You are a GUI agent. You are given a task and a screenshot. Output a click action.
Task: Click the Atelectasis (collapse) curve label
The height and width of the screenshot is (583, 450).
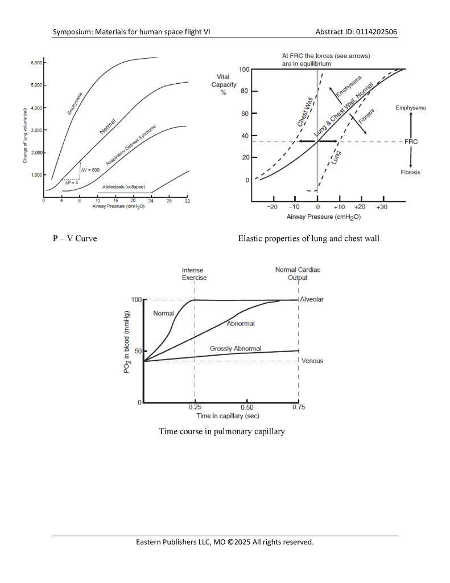tap(123, 187)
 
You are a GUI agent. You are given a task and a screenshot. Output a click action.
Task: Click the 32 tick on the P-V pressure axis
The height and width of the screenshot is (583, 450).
tap(188, 201)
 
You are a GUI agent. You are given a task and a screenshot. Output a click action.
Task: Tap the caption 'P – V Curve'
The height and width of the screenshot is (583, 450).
tap(75, 238)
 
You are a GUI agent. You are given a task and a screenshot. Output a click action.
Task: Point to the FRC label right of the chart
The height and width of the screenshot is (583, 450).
tap(411, 141)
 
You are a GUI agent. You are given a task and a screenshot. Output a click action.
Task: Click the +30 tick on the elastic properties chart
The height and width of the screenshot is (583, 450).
tap(381, 207)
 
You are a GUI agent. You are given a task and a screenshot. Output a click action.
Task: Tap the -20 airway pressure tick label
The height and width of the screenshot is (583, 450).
tap(273, 207)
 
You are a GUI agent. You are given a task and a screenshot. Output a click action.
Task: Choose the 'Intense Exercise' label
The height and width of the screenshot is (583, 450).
tap(194, 274)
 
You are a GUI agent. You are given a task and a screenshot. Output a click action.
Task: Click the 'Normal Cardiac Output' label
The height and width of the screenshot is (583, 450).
tap(298, 274)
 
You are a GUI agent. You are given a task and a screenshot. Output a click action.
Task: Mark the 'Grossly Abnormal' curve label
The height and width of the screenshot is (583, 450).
tap(236, 348)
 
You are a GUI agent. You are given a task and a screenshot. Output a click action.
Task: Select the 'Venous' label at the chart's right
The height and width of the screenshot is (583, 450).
tap(312, 361)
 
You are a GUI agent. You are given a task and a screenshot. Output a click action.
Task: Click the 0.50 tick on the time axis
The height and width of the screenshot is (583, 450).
tap(247, 407)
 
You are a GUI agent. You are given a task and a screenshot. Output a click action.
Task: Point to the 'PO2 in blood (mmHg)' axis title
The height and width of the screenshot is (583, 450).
tap(128, 343)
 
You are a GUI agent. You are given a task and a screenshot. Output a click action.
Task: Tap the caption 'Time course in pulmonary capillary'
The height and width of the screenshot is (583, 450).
tap(222, 431)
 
